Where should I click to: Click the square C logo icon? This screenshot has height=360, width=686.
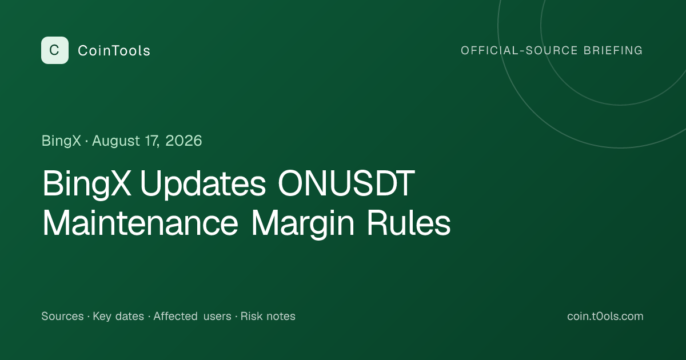pos(55,50)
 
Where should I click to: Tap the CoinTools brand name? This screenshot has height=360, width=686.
pos(114,51)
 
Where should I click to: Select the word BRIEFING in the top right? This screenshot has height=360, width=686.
pos(613,50)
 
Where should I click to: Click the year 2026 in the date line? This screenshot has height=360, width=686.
pos(184,141)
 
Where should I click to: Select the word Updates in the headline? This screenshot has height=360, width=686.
pos(203,184)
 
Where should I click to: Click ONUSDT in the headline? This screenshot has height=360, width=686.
pos(346,183)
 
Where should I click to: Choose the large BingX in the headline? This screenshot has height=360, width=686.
pos(87,184)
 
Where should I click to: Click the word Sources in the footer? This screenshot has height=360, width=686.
pos(62,316)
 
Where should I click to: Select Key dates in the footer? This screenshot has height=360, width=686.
pos(118,317)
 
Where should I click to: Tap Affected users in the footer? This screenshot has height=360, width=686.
pos(192,316)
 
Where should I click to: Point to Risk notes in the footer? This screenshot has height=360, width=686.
pos(268,316)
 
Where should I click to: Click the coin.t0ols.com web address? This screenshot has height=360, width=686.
pos(605,316)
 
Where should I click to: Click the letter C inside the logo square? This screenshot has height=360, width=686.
pos(54,50)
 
